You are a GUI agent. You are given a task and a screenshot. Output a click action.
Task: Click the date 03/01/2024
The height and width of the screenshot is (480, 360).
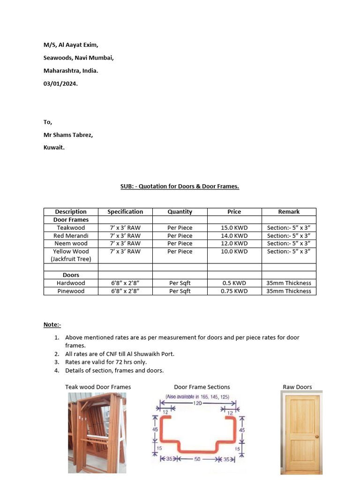(x=61, y=84)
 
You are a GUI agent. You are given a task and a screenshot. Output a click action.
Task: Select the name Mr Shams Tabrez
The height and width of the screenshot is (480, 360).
(x=68, y=135)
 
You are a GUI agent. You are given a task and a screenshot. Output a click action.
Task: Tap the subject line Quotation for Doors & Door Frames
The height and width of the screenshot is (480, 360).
(x=180, y=186)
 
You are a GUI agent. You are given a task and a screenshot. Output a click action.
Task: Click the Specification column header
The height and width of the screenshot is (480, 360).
(x=125, y=212)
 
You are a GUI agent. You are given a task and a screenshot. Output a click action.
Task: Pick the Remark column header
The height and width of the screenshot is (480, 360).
(x=289, y=212)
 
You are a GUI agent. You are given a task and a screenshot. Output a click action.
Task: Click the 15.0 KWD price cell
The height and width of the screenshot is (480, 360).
(x=234, y=228)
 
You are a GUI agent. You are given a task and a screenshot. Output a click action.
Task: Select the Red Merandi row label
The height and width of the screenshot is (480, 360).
(x=71, y=236)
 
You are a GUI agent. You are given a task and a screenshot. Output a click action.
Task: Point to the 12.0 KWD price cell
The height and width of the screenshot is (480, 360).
(x=234, y=243)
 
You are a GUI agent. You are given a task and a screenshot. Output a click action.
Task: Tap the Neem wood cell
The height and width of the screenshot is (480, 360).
(x=71, y=243)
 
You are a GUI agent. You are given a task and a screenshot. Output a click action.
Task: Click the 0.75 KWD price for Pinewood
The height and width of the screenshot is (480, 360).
(x=234, y=291)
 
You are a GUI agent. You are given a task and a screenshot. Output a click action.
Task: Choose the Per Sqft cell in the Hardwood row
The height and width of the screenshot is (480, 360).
(x=180, y=283)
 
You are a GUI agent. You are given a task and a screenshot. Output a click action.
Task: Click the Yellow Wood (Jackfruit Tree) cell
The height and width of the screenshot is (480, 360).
(x=71, y=255)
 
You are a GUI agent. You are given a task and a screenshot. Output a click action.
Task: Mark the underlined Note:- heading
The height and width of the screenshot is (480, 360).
(x=52, y=324)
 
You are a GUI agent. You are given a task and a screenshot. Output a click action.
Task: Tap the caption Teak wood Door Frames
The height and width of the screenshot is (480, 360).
(x=98, y=387)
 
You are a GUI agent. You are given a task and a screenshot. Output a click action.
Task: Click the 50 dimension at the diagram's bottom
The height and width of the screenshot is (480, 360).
(x=197, y=459)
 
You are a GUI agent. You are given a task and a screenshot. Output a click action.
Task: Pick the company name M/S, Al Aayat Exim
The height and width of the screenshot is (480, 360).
(x=71, y=45)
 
